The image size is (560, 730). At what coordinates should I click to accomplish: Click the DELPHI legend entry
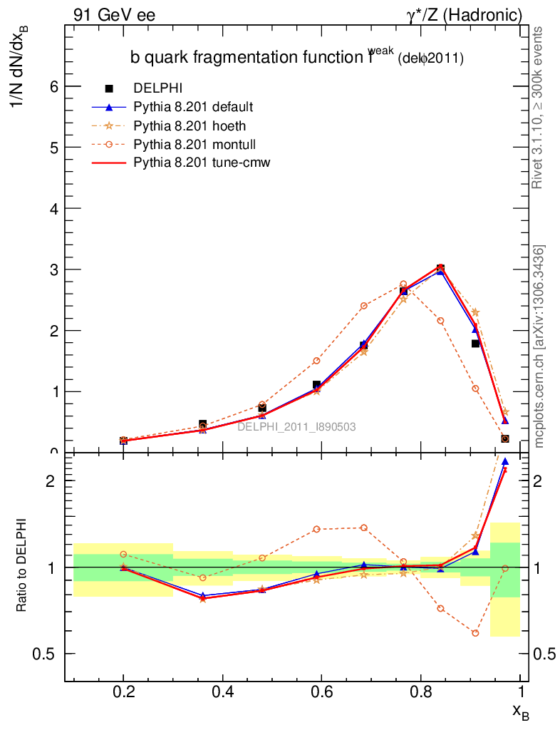tap(158, 88)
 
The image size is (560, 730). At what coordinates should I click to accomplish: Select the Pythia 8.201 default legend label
tap(193, 107)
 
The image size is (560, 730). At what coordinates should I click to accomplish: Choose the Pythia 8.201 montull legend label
tap(192, 144)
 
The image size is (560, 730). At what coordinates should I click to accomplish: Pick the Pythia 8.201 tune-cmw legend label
tap(202, 163)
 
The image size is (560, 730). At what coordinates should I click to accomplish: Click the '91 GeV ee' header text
tap(114, 14)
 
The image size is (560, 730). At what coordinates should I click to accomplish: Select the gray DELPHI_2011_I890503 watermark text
tap(296, 426)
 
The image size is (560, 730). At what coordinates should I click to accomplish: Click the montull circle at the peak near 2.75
tap(403, 284)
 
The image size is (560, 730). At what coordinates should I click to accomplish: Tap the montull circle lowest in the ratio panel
tap(475, 633)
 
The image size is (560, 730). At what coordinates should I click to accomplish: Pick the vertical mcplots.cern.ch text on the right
tap(540, 346)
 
